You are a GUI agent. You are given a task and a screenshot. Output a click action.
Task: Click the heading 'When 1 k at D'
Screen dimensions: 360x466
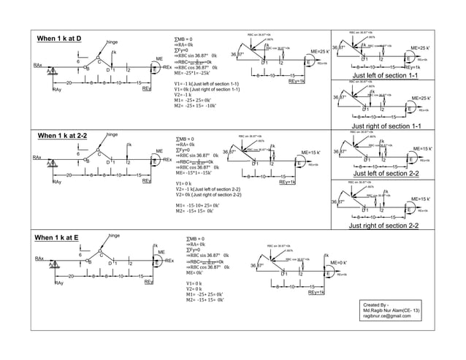60,38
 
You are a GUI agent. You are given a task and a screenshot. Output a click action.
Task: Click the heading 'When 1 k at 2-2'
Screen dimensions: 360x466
63,135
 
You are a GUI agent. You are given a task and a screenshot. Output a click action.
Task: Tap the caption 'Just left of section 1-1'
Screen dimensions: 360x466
384,75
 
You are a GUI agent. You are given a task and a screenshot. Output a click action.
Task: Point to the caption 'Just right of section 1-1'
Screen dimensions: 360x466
386,126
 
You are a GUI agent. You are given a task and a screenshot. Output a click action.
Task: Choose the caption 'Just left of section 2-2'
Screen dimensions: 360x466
384,173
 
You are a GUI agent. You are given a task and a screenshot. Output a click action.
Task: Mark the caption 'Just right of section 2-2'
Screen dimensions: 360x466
384,226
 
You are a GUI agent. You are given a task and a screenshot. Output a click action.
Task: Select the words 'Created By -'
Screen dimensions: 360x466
378,303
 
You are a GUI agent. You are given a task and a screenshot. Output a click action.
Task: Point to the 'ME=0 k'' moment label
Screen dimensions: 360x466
337,261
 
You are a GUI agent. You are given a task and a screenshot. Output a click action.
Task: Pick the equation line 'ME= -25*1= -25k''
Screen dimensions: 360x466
193,74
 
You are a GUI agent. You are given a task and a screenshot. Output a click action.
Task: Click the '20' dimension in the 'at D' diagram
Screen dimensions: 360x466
68,83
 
